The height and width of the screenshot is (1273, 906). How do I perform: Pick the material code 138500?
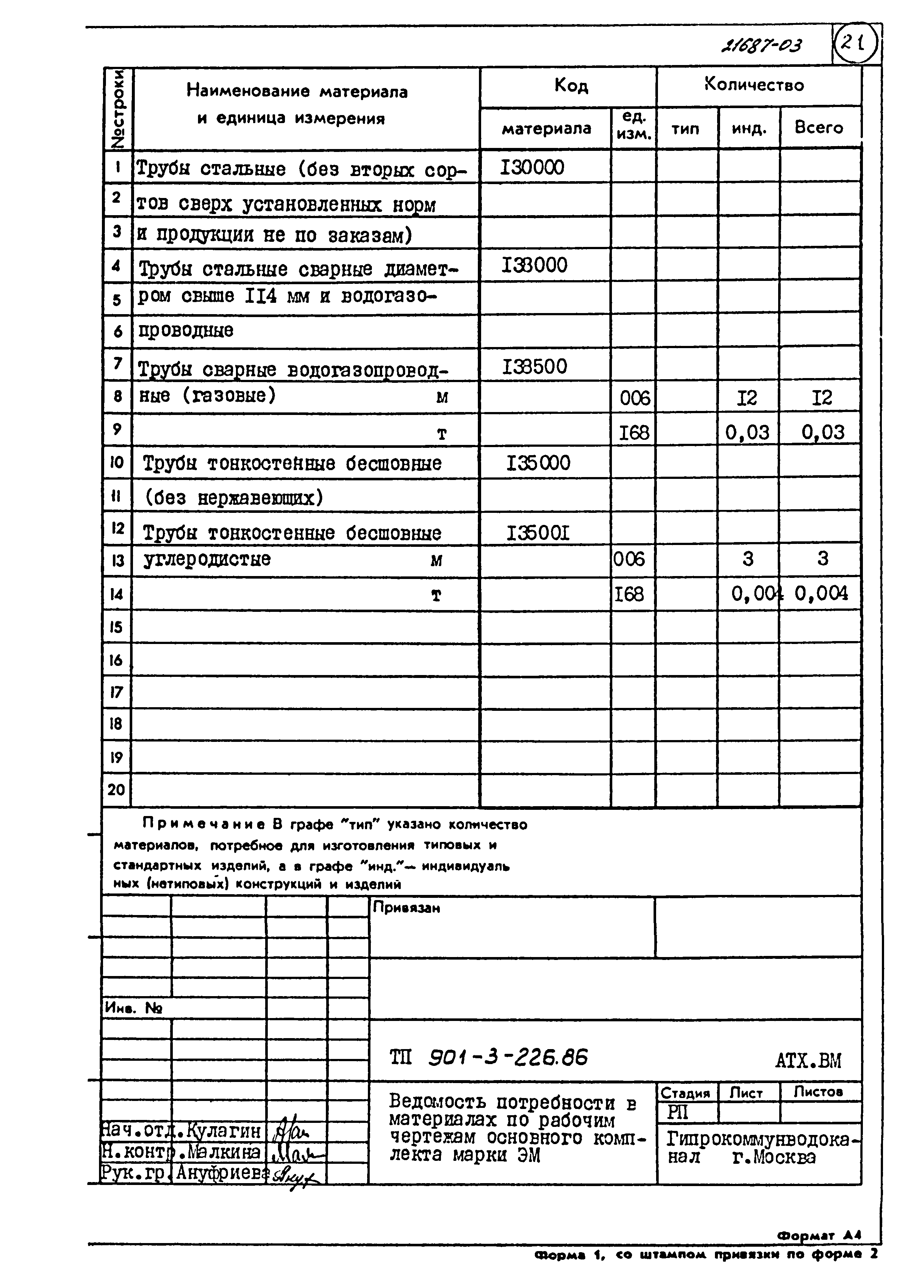click(x=534, y=366)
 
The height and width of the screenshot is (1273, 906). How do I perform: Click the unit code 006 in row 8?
click(x=634, y=398)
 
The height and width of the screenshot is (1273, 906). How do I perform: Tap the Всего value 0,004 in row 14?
click(x=821, y=593)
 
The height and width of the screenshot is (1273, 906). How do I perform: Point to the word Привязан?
click(x=406, y=908)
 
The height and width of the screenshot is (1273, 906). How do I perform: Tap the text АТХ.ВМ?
click(x=808, y=1060)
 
